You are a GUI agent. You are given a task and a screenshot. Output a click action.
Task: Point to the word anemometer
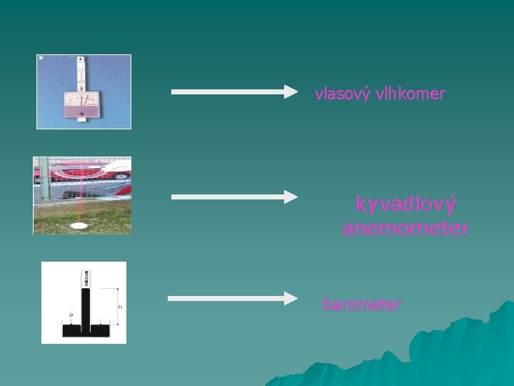click(405, 229)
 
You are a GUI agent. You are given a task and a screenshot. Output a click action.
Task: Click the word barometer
click(362, 305)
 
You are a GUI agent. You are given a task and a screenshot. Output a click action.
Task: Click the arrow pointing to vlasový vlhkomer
click(234, 91)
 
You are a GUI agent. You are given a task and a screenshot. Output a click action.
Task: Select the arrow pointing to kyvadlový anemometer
click(234, 197)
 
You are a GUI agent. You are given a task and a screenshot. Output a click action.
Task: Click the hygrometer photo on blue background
click(84, 91)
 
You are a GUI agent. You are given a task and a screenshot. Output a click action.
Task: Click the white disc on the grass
click(79, 225)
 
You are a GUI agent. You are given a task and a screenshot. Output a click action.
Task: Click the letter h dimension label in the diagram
click(120, 308)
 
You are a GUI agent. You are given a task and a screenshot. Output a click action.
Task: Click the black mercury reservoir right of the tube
click(101, 330)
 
